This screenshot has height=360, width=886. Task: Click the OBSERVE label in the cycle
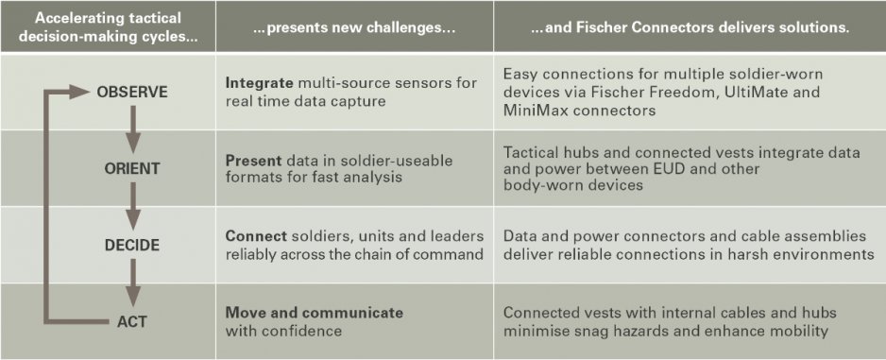[x=132, y=92]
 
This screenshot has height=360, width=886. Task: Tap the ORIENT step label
[x=132, y=168]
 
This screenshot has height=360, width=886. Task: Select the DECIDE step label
[x=132, y=246]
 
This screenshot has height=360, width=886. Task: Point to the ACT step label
[x=132, y=321]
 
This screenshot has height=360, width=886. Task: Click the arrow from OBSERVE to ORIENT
[x=132, y=129]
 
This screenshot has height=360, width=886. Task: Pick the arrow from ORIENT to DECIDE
[x=132, y=206]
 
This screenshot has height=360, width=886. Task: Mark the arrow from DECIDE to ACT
[x=132, y=283]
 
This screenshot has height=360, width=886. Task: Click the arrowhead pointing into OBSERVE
[x=79, y=92]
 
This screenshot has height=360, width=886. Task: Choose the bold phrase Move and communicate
[x=315, y=313]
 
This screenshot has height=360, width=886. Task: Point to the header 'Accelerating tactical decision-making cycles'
[x=108, y=26]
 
